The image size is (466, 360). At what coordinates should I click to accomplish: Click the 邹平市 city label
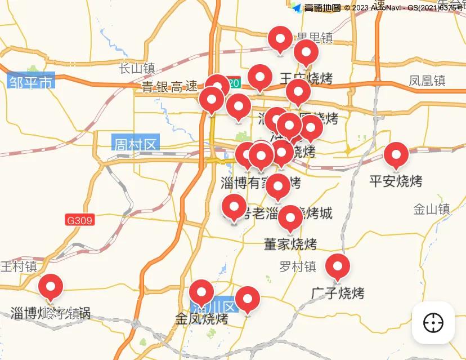[31, 82]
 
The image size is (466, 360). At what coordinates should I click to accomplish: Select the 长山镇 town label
[137, 69]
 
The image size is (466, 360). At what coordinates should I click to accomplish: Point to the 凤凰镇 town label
[427, 81]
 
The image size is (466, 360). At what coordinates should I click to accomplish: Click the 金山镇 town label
[432, 210]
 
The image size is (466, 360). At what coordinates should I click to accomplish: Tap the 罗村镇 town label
[298, 266]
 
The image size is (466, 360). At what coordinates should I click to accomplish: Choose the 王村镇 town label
[19, 266]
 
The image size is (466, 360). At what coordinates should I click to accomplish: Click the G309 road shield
[79, 220]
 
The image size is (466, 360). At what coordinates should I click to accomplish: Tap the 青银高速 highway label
[169, 87]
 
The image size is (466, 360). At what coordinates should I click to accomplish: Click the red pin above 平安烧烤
[396, 155]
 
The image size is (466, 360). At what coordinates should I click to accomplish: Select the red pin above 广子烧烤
[338, 266]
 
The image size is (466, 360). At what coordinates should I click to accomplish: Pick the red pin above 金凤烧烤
[201, 292]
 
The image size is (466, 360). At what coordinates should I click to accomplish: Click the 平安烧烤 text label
[396, 181]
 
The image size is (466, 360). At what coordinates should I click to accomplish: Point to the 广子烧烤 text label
[338, 294]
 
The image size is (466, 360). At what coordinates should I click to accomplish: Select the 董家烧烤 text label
[290, 245]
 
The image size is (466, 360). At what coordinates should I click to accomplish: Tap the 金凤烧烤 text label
[201, 319]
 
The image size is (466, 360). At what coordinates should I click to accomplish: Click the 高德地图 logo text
[322, 8]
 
